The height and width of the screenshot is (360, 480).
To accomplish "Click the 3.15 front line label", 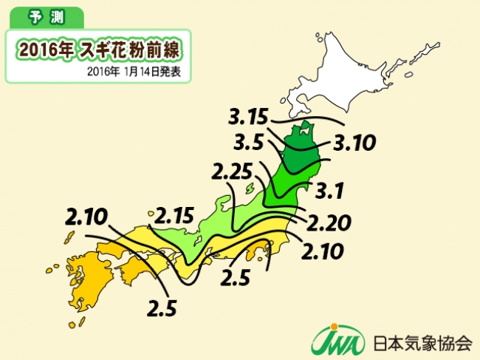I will point(250,118).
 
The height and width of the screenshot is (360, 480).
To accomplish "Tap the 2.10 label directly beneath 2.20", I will point(323,251).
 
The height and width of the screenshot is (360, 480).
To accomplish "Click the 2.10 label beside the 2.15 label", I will point(88,219).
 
